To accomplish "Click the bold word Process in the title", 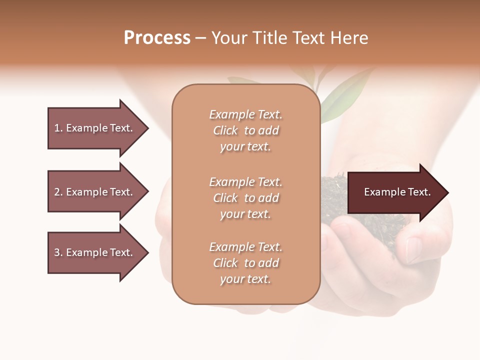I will point(157,38).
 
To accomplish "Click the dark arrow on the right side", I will point(397,192).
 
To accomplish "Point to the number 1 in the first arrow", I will point(57,128).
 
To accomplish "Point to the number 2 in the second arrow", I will point(57,192).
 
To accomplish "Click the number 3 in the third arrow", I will point(57,252).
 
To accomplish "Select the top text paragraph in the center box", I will point(245,130).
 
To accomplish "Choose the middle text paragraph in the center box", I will point(245,198).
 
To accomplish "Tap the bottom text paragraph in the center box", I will point(245,263).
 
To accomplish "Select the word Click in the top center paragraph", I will point(225,130).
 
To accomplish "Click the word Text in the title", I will point(309,38).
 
